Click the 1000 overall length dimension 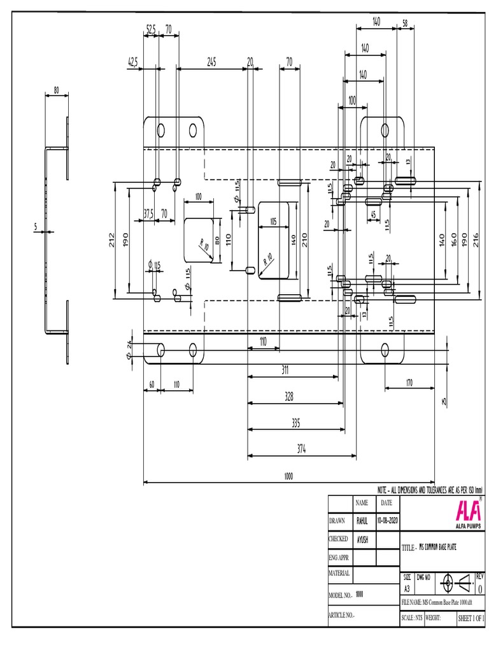coord(289,476)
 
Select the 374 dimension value coord(302,449)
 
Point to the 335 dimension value coord(295,422)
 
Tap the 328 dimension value coord(289,396)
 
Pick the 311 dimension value coord(288,369)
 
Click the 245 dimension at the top coord(212,62)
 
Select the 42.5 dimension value coord(134,62)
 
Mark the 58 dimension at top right coord(406,23)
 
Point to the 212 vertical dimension coord(112,239)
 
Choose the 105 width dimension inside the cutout coord(273,222)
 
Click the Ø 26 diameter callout coord(129,350)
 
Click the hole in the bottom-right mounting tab coord(385,350)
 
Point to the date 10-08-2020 coord(387,520)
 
